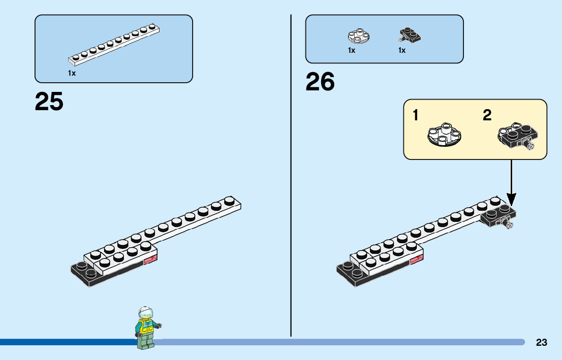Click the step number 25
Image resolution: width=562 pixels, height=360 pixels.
[x=49, y=102]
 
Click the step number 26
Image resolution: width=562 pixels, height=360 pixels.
[x=320, y=82]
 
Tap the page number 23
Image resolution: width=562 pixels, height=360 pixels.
[x=541, y=343]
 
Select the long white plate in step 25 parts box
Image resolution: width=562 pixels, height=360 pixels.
[x=114, y=45]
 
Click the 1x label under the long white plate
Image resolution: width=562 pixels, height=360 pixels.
[x=72, y=73]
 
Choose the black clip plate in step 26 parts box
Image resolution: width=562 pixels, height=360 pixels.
[x=410, y=36]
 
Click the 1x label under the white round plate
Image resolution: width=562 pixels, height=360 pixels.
[x=352, y=50]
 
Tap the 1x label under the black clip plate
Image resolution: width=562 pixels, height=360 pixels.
[x=402, y=50]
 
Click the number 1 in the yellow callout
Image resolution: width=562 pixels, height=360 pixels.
[x=416, y=116]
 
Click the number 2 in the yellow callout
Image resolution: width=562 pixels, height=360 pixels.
[x=487, y=116]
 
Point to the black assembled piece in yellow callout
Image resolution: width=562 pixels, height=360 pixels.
[x=516, y=136]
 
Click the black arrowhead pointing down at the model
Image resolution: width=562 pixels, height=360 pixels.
[x=512, y=199]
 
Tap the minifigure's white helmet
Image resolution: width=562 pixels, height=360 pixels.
[x=145, y=312]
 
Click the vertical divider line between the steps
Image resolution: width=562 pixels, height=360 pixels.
[x=291, y=178]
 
